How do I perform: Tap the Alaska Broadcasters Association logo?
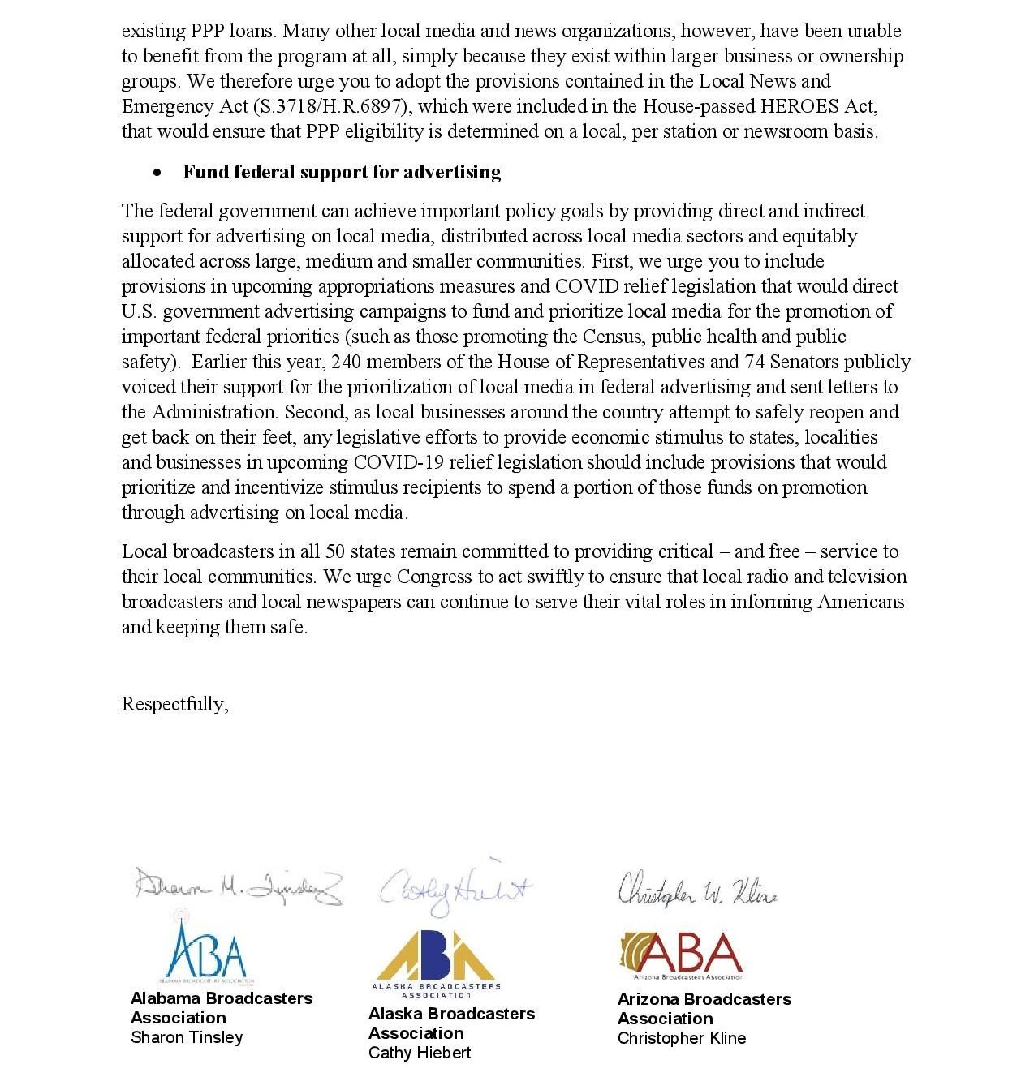[x=437, y=963]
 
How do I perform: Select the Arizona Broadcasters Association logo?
[x=681, y=955]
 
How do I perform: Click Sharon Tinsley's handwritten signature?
[x=238, y=886]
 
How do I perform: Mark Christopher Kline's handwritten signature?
[x=697, y=890]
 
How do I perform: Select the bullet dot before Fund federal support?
[x=157, y=173]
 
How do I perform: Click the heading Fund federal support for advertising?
[x=342, y=172]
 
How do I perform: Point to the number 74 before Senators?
[x=755, y=362]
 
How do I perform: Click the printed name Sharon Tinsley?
[x=187, y=1037]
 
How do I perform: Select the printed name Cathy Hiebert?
[x=420, y=1053]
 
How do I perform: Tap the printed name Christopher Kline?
[x=682, y=1038]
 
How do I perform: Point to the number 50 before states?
[x=335, y=551]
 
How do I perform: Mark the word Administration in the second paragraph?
[x=214, y=412]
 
